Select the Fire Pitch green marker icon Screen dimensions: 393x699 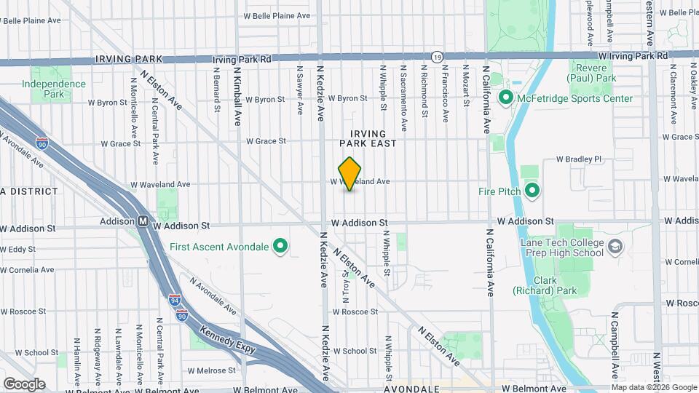(532, 191)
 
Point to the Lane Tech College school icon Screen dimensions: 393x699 (615, 247)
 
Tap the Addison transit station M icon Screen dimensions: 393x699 (144, 221)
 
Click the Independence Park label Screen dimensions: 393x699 (53, 89)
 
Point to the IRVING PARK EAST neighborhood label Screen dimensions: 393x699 (373, 138)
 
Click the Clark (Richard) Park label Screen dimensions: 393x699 (555, 285)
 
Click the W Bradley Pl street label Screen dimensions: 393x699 (580, 159)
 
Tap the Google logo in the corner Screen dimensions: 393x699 (24, 384)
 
